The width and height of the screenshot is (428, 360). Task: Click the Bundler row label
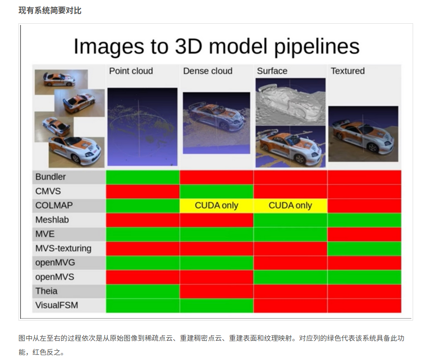(x=50, y=177)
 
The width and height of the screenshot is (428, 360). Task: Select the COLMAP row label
(x=54, y=205)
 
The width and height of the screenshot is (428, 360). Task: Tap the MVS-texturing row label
(x=63, y=248)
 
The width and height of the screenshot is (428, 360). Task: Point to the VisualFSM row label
(x=57, y=305)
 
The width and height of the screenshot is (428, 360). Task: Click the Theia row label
(x=46, y=291)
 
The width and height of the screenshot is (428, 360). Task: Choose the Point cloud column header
(x=131, y=71)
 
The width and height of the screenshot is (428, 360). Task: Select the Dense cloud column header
(x=208, y=71)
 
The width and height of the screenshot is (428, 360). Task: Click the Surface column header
(x=272, y=71)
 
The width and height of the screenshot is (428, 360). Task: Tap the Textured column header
(x=348, y=71)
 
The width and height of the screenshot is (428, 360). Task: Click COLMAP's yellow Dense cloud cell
(x=217, y=206)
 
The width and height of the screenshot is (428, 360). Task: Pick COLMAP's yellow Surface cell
(x=290, y=206)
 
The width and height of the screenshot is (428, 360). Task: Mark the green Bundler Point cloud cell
(x=143, y=177)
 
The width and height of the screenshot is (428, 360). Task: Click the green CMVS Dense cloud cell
(x=217, y=191)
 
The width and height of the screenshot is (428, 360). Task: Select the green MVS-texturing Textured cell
(x=364, y=249)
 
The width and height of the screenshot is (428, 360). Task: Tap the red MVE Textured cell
(x=364, y=234)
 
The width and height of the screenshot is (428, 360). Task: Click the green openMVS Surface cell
(x=290, y=277)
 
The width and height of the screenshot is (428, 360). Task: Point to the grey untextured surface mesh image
(x=290, y=102)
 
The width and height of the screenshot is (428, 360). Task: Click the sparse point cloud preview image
(x=143, y=127)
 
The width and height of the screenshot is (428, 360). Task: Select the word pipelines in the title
(x=317, y=46)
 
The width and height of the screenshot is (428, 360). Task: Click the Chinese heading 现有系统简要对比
(x=50, y=11)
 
